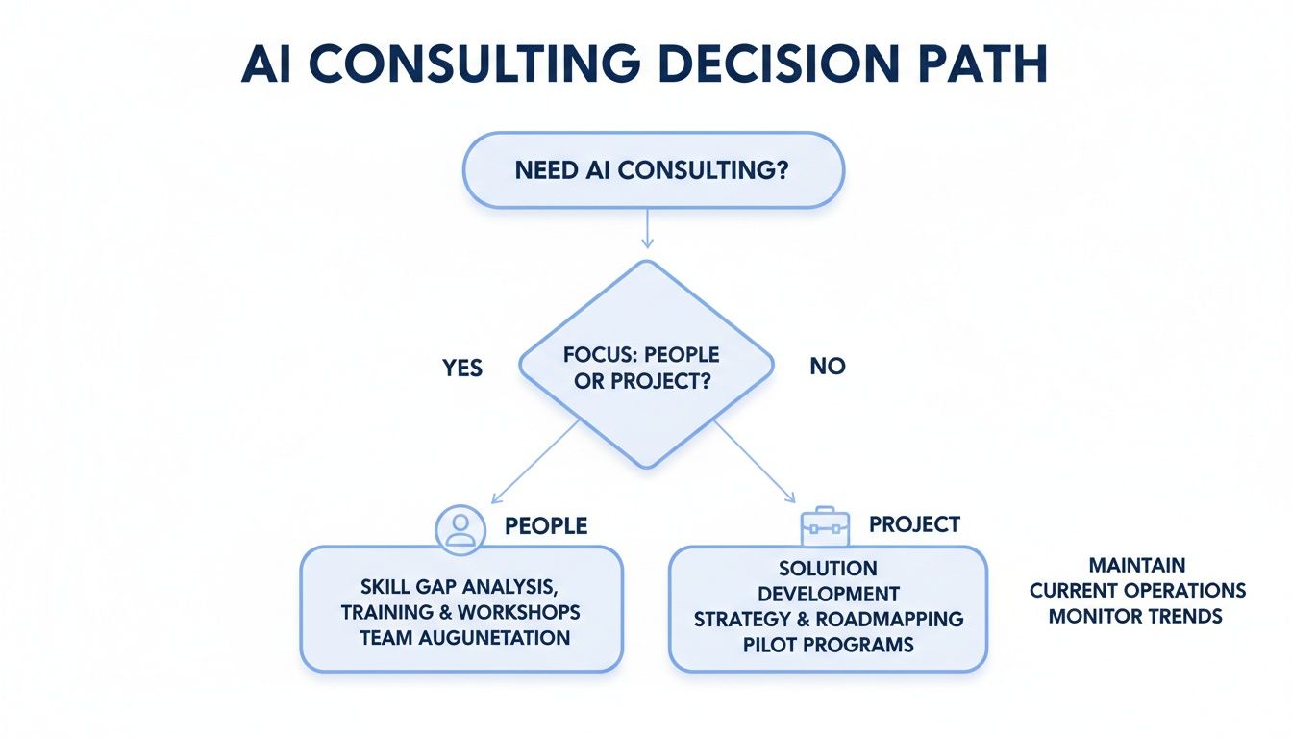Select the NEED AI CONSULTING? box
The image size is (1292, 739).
[653, 170]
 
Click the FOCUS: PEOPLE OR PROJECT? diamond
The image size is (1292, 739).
[645, 366]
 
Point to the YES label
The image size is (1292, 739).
[462, 368]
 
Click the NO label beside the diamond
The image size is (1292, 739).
[827, 367]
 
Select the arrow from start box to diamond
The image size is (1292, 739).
[646, 228]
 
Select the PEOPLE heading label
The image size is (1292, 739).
[545, 526]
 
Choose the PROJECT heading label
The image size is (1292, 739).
[914, 524]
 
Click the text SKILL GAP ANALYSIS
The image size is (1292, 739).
[460, 587]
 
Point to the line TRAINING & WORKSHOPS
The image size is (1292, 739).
[460, 612]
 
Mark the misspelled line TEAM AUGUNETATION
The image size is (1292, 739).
[464, 637]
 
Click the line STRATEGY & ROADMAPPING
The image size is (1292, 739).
[828, 619]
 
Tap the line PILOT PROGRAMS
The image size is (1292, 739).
[828, 644]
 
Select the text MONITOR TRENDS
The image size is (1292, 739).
[1135, 616]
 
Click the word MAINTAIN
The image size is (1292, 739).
[1136, 565]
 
